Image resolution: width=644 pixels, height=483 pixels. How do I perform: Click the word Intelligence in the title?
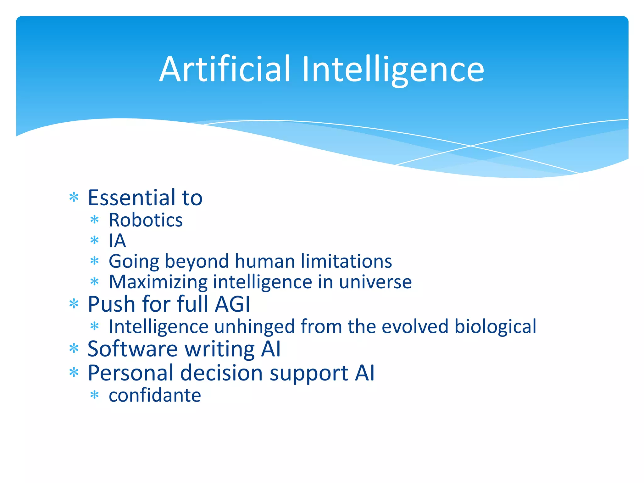point(393,70)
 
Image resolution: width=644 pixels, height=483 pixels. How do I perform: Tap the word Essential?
point(132,198)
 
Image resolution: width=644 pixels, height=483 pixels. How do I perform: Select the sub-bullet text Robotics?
point(146,220)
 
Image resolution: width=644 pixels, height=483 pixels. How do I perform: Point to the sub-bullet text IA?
point(117,241)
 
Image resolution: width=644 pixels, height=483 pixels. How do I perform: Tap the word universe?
point(375,282)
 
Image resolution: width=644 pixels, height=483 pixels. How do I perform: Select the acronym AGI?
point(232,304)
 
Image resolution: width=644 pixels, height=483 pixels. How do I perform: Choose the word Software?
point(132,349)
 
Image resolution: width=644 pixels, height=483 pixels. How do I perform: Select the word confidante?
point(155,395)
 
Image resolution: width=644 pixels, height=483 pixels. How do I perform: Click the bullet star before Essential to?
point(74,198)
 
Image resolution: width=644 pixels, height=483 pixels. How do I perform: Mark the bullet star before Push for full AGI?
point(74,304)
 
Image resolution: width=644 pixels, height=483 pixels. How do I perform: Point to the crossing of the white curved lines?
point(471,146)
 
